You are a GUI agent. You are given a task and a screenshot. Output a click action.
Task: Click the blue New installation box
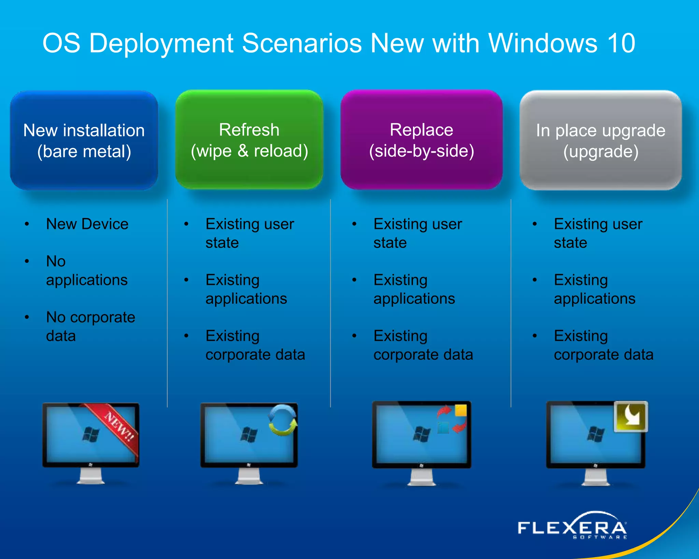pyautogui.click(x=84, y=140)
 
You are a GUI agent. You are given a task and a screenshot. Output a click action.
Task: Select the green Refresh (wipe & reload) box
pyautogui.click(x=249, y=140)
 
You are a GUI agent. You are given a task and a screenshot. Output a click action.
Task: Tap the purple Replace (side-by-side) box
pyautogui.click(x=421, y=140)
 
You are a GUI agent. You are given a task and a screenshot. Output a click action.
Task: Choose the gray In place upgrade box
pyautogui.click(x=600, y=140)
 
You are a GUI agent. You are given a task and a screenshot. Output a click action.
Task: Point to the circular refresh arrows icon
pyautogui.click(x=283, y=420)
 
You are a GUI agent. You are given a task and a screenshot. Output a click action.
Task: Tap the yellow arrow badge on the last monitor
pyautogui.click(x=631, y=416)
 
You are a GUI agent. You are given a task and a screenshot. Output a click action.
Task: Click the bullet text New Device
pyautogui.click(x=87, y=224)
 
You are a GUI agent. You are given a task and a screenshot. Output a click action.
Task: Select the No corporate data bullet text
pyautogui.click(x=90, y=326)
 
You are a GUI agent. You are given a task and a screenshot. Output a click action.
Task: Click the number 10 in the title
pyautogui.click(x=621, y=43)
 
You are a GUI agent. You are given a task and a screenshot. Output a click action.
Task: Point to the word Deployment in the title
pyautogui.click(x=161, y=43)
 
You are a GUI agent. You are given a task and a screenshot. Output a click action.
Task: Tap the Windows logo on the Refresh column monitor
pyautogui.click(x=249, y=435)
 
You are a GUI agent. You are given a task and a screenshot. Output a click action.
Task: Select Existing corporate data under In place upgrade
pyautogui.click(x=603, y=345)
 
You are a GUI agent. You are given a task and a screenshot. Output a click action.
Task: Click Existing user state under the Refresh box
pyautogui.click(x=249, y=233)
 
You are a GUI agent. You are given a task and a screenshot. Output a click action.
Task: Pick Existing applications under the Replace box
pyautogui.click(x=414, y=289)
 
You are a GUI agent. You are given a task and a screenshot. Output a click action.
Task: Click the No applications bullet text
pyautogui.click(x=87, y=271)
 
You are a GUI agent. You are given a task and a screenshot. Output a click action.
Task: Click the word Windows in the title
pyautogui.click(x=543, y=43)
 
